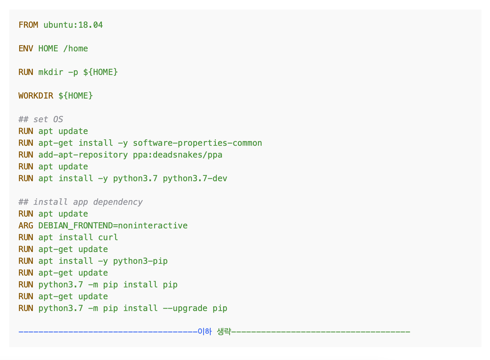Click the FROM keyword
(28, 25)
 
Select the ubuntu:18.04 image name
(73, 25)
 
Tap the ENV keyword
(26, 49)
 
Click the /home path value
(76, 49)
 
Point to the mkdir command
(51, 72)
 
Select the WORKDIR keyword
(36, 96)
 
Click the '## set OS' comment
(41, 120)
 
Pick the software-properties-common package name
(197, 143)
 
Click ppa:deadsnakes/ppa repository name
(178, 155)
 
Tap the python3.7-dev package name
(195, 179)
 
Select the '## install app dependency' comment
(81, 202)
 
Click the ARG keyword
(26, 226)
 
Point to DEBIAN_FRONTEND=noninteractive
(113, 226)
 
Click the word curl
(108, 238)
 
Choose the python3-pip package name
(140, 261)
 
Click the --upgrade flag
(185, 309)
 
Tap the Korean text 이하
(205, 332)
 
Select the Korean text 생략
(224, 332)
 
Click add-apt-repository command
(83, 155)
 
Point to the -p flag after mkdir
(73, 73)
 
